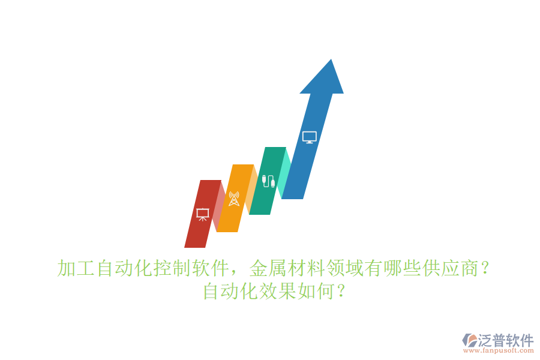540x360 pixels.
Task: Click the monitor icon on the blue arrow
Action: pyautogui.click(x=309, y=137)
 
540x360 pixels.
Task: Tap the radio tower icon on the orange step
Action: pyautogui.click(x=234, y=199)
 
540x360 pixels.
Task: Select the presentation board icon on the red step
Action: pyautogui.click(x=203, y=214)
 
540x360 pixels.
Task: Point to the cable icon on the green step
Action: pyautogui.click(x=269, y=181)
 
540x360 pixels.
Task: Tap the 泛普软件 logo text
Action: pyautogui.click(x=506, y=340)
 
